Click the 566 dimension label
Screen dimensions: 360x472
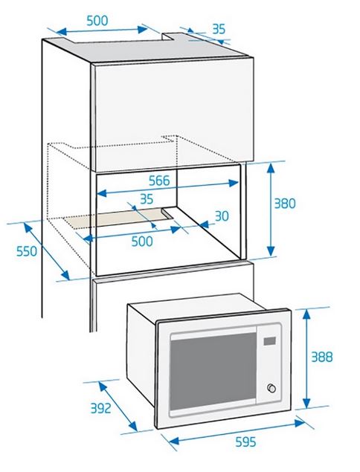159,181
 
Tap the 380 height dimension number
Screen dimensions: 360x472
285,204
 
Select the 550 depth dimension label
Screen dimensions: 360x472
27,251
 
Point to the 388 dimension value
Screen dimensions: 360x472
322,357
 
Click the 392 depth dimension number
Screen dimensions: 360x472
101,408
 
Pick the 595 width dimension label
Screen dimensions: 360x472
245,442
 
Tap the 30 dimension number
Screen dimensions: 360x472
222,216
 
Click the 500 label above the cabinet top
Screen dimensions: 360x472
97,21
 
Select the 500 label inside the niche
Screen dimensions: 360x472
142,241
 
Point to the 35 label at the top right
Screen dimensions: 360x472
219,29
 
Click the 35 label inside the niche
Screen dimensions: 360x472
147,199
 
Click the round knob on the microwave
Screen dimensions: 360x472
271,388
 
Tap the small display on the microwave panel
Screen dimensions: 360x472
269,340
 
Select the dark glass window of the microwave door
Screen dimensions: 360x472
213,372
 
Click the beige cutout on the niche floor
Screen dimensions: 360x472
118,218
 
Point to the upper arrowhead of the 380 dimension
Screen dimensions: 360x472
271,167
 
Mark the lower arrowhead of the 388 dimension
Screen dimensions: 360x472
306,403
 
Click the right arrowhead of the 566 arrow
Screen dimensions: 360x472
234,183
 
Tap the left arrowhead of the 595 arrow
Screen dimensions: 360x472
174,441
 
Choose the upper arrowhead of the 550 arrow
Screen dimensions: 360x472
28,228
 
